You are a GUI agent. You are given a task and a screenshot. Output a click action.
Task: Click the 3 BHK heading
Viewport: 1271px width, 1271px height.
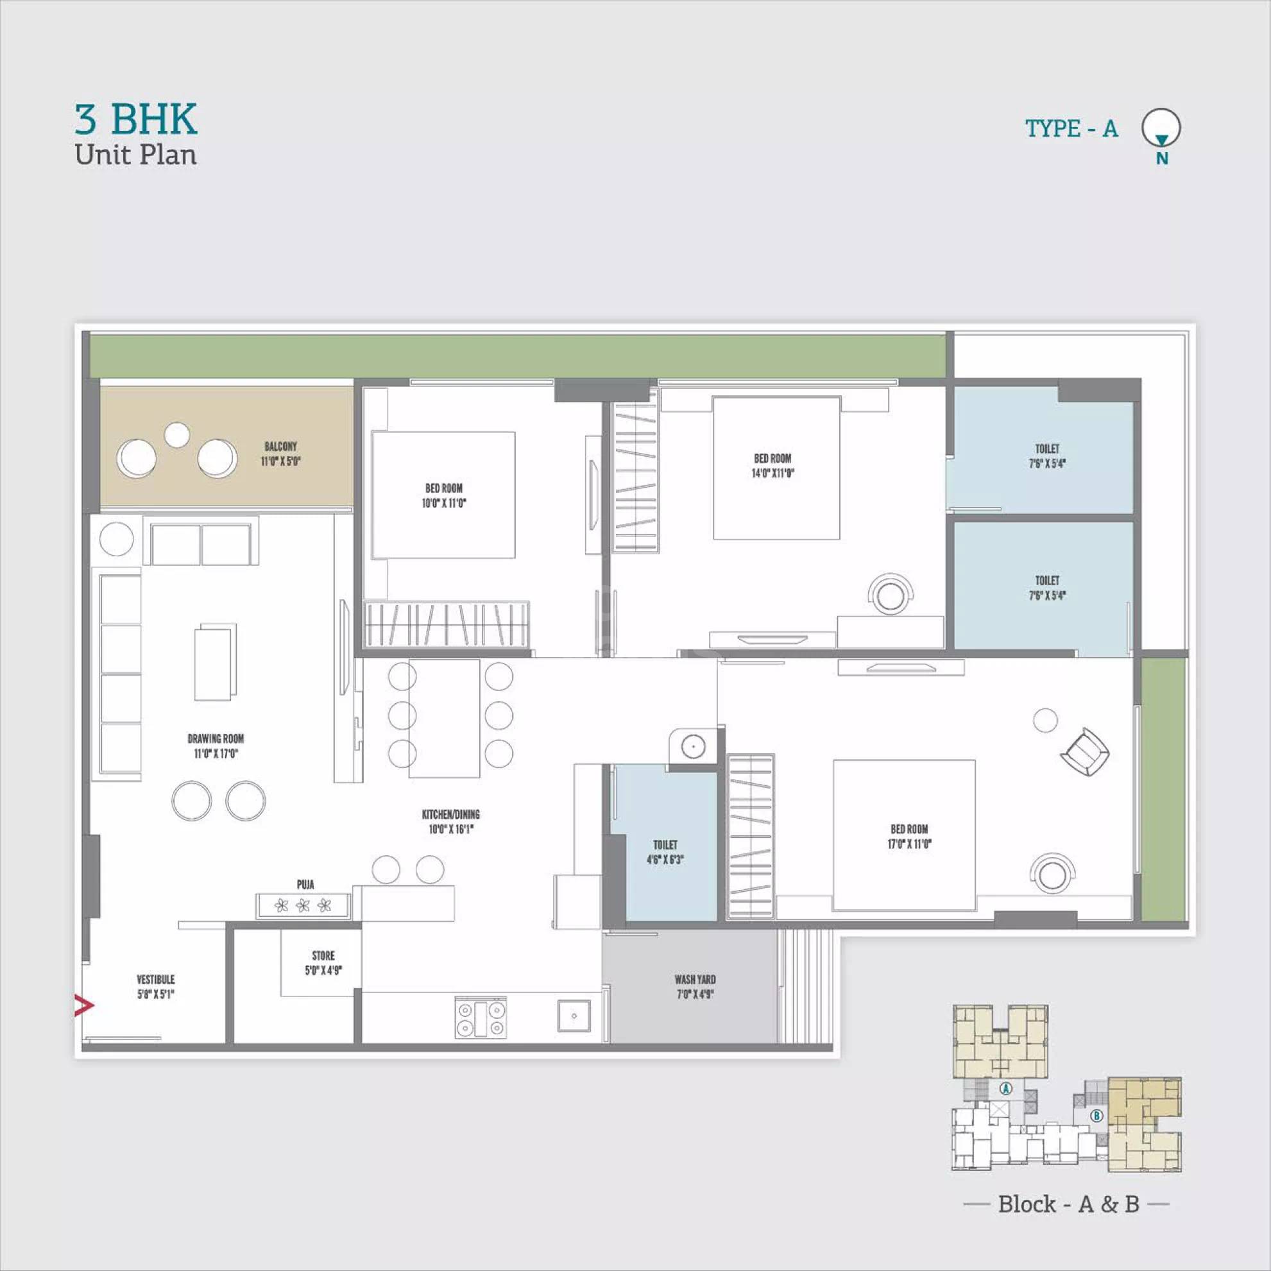click(x=135, y=120)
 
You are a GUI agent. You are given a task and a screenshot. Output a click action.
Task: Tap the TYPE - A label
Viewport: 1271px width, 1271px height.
click(x=1071, y=128)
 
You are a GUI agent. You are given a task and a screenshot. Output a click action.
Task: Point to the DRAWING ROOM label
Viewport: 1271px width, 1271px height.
click(x=215, y=746)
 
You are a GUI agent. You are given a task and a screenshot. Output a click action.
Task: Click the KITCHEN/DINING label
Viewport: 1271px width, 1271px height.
click(x=450, y=822)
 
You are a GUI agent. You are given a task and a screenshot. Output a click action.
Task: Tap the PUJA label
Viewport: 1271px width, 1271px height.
click(x=305, y=884)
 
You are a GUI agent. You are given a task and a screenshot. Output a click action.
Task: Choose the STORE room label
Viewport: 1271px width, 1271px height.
click(x=323, y=962)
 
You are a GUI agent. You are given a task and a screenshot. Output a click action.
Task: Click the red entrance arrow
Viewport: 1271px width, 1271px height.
click(x=83, y=1005)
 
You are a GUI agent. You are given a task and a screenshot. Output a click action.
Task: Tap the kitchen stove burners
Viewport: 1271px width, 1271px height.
click(x=481, y=1019)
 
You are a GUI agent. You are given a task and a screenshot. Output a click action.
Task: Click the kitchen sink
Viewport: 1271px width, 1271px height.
click(x=574, y=1016)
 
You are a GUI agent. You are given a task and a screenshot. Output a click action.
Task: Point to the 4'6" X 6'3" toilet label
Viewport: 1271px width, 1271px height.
click(x=665, y=852)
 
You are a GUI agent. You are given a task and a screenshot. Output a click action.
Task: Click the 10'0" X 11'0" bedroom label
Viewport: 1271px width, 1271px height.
click(x=443, y=495)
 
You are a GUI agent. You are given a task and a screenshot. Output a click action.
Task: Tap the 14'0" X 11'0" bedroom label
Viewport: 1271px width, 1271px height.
click(x=773, y=466)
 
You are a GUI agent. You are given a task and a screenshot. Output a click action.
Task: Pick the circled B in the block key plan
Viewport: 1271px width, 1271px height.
click(x=1096, y=1116)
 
